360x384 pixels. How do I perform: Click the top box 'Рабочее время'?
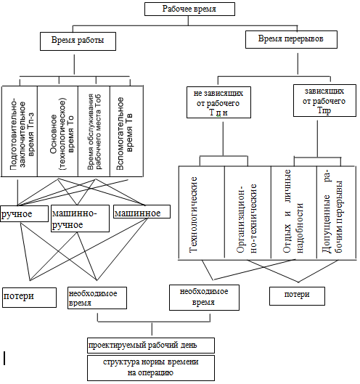pyautogui.click(x=189, y=9)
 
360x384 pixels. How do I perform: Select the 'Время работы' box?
pyautogui.click(x=78, y=41)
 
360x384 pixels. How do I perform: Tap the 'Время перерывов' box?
pyautogui.click(x=291, y=39)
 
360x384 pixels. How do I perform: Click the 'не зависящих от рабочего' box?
pyautogui.click(x=218, y=102)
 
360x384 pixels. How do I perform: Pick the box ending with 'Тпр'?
pyautogui.click(x=324, y=100)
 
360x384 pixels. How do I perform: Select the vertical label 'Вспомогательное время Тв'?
pyautogui.click(x=124, y=134)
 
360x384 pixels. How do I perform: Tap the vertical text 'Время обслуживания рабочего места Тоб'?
pyautogui.click(x=94, y=132)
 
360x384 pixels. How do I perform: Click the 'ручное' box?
pyautogui.click(x=24, y=214)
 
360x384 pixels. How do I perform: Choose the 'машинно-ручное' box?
pyautogui.click(x=80, y=218)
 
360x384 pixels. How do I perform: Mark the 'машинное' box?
pyautogui.click(x=142, y=212)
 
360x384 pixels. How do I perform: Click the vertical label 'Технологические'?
pyautogui.click(x=193, y=215)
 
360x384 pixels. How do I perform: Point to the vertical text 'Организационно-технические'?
pyautogui.click(x=247, y=218)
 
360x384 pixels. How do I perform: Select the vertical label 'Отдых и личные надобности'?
pyautogui.click(x=293, y=211)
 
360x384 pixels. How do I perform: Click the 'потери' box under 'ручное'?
pyautogui.click(x=29, y=298)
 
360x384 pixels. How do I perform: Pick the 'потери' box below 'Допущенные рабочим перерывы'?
pyautogui.click(x=297, y=296)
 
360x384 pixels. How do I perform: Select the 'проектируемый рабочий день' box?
pyautogui.click(x=151, y=346)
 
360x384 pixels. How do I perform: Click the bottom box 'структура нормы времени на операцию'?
pyautogui.click(x=151, y=368)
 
